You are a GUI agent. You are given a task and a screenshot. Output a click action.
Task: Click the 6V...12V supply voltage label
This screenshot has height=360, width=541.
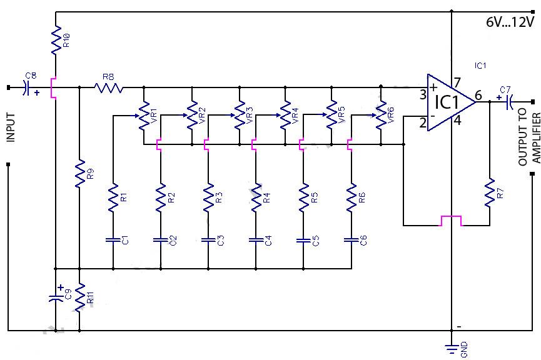(510, 22)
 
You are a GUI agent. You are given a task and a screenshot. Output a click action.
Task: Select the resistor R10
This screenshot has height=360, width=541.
(56, 40)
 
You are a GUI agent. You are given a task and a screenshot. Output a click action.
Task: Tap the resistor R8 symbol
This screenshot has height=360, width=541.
(109, 87)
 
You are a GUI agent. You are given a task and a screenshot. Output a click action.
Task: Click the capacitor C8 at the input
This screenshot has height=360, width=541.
(26, 87)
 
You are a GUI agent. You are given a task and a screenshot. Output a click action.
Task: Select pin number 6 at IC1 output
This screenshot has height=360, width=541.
(478, 96)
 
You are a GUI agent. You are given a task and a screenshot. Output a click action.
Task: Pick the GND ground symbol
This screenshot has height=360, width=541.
(451, 347)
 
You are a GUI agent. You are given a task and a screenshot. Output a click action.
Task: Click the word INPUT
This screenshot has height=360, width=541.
(11, 127)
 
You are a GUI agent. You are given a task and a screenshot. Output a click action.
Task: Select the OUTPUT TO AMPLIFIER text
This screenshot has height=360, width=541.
(528, 139)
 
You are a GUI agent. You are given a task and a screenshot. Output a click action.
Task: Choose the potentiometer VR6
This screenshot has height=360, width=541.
(381, 116)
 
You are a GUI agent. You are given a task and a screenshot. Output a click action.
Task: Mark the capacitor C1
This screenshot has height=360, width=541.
(113, 239)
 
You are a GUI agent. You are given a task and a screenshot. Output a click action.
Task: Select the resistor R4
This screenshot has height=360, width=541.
(255, 197)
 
